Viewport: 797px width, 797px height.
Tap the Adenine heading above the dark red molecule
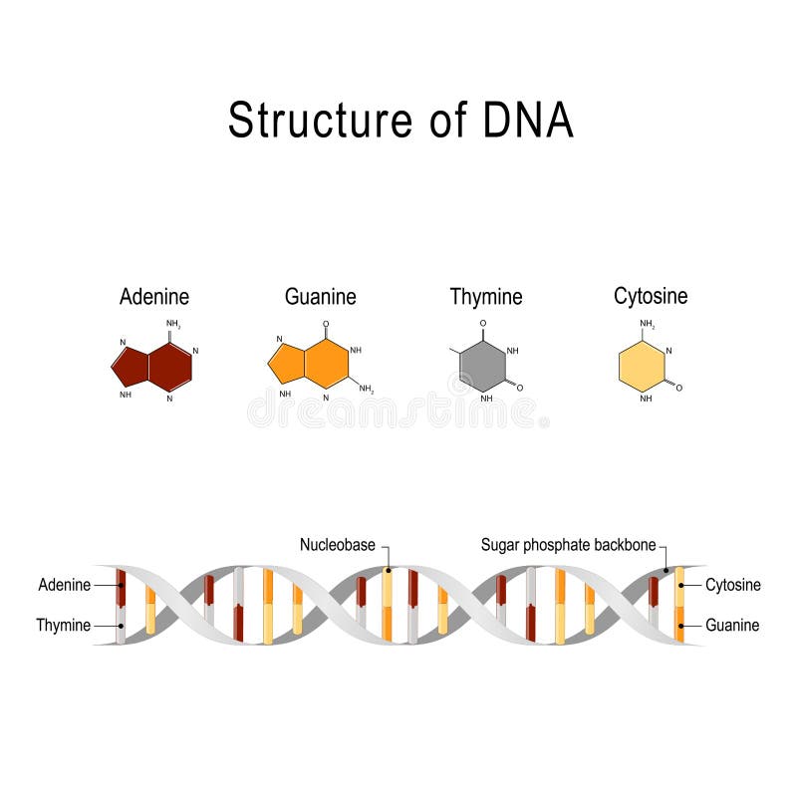(x=154, y=296)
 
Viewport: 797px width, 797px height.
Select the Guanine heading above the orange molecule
(x=320, y=296)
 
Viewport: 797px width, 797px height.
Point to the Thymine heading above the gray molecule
(x=486, y=296)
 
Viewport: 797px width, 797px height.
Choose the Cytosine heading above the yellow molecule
(x=651, y=296)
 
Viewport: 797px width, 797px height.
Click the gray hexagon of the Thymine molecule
(x=483, y=367)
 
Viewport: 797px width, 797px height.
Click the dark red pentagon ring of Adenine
(x=131, y=367)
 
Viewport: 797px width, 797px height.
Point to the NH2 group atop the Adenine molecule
(x=173, y=324)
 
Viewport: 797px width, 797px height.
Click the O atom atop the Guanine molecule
(x=327, y=324)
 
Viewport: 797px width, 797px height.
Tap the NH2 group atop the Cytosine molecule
(x=648, y=324)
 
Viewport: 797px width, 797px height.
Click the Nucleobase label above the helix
(x=338, y=545)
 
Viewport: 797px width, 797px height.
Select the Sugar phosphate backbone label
(x=568, y=545)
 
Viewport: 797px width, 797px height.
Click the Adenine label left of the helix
(x=65, y=585)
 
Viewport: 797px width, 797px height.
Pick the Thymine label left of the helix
(x=63, y=626)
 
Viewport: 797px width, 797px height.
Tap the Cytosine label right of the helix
(x=733, y=585)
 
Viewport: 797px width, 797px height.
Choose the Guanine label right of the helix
(x=732, y=626)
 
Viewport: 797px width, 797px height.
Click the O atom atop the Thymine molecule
(x=483, y=324)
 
